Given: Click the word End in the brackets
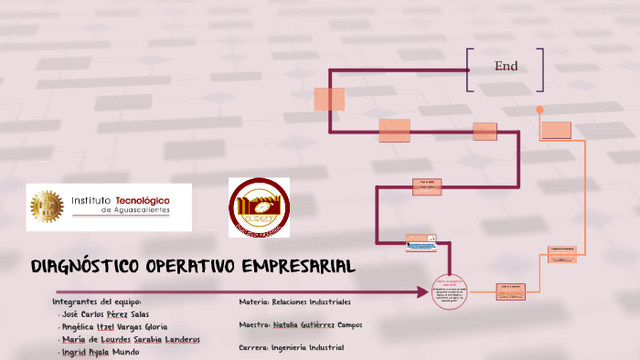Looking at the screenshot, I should [x=506, y=66].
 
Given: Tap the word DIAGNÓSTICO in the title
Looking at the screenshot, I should [x=82, y=267].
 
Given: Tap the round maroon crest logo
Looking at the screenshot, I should [x=259, y=207].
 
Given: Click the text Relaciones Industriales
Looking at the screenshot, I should [x=311, y=302].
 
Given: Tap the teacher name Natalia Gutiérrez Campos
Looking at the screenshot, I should [x=317, y=324].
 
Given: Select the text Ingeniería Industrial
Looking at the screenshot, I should [x=307, y=347].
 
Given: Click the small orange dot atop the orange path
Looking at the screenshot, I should [x=539, y=110].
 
